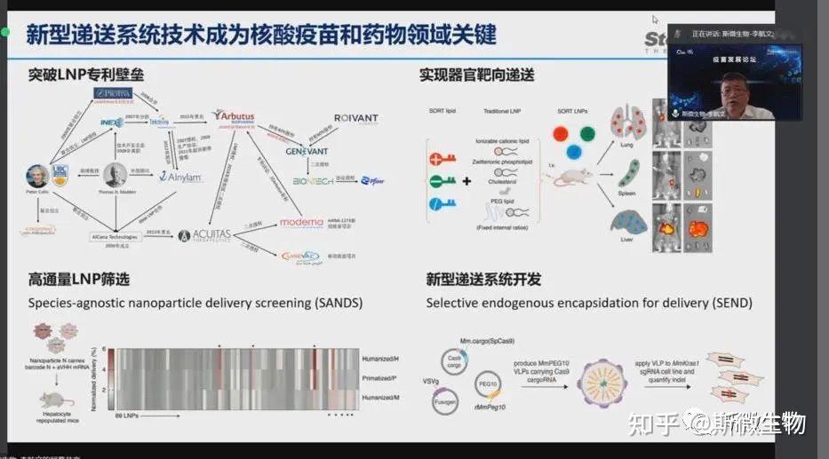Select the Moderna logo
tap(303, 221)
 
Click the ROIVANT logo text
tap(355, 119)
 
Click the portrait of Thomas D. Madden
tap(116, 174)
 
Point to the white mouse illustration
tap(571, 176)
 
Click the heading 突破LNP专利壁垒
tap(79, 75)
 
